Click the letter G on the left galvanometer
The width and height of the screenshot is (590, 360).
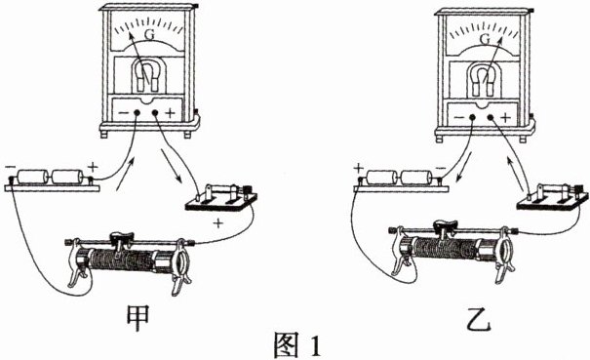[x=150, y=35]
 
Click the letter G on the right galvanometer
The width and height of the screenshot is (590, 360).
[x=486, y=38]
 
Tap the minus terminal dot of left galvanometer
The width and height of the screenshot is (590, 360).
[x=137, y=112]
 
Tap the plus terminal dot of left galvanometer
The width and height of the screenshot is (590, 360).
[x=155, y=112]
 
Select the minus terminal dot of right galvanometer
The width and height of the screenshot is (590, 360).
[x=472, y=118]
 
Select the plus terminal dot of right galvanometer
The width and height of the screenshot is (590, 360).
[x=490, y=118]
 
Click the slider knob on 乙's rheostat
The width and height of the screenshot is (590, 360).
[x=446, y=226]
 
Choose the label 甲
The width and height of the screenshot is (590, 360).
[x=138, y=319]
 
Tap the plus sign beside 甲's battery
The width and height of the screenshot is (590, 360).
[x=93, y=166]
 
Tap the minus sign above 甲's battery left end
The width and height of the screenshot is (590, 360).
[x=10, y=167]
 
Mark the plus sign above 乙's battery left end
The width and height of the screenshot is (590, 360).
[x=359, y=167]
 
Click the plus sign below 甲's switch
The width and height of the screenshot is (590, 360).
[x=217, y=224]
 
